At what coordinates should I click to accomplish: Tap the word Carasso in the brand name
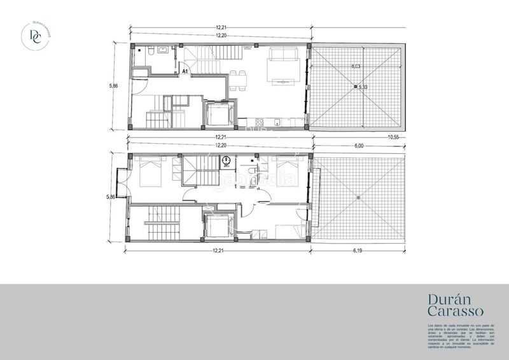click(x=456, y=312)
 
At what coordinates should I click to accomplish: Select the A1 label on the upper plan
click(x=185, y=73)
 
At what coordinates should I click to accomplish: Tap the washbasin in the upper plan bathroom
click(x=163, y=50)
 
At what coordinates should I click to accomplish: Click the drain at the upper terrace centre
click(x=356, y=86)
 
